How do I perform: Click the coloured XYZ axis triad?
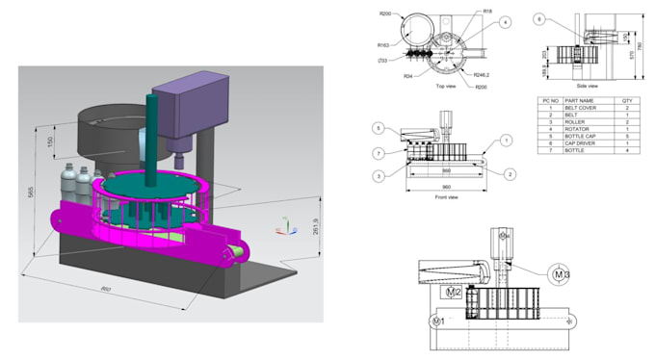tap(287, 225)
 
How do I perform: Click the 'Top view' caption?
tap(445, 86)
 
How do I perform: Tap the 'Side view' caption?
tap(588, 85)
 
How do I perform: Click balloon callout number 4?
tap(505, 21)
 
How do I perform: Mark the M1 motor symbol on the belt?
tap(438, 320)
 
